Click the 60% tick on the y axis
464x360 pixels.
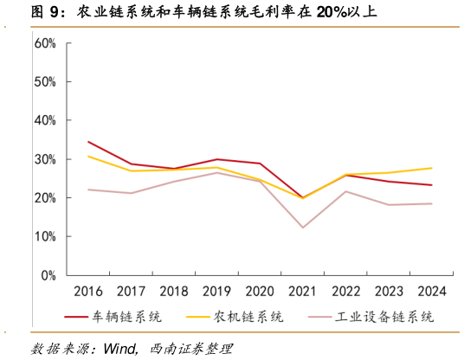tap(44, 43)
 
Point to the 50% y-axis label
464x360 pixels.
tap(44, 82)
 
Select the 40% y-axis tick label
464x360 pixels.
tap(44, 120)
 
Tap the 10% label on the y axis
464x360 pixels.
tap(44, 236)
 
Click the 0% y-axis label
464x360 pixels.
tap(48, 275)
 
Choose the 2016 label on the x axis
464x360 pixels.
tap(88, 291)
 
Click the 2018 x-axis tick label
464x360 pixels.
tap(174, 291)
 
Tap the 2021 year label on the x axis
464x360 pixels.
tap(303, 291)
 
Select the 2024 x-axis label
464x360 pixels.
tap(431, 291)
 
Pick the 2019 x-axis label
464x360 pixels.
tap(217, 291)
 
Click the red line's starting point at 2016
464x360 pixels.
tap(88, 142)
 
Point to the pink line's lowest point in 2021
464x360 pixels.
tap(303, 228)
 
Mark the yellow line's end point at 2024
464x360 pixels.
tap(431, 168)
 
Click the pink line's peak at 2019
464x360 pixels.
tap(217, 172)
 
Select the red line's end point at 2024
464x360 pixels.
tap(431, 185)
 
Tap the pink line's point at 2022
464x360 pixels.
tap(345, 191)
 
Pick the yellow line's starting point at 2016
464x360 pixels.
tap(88, 157)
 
